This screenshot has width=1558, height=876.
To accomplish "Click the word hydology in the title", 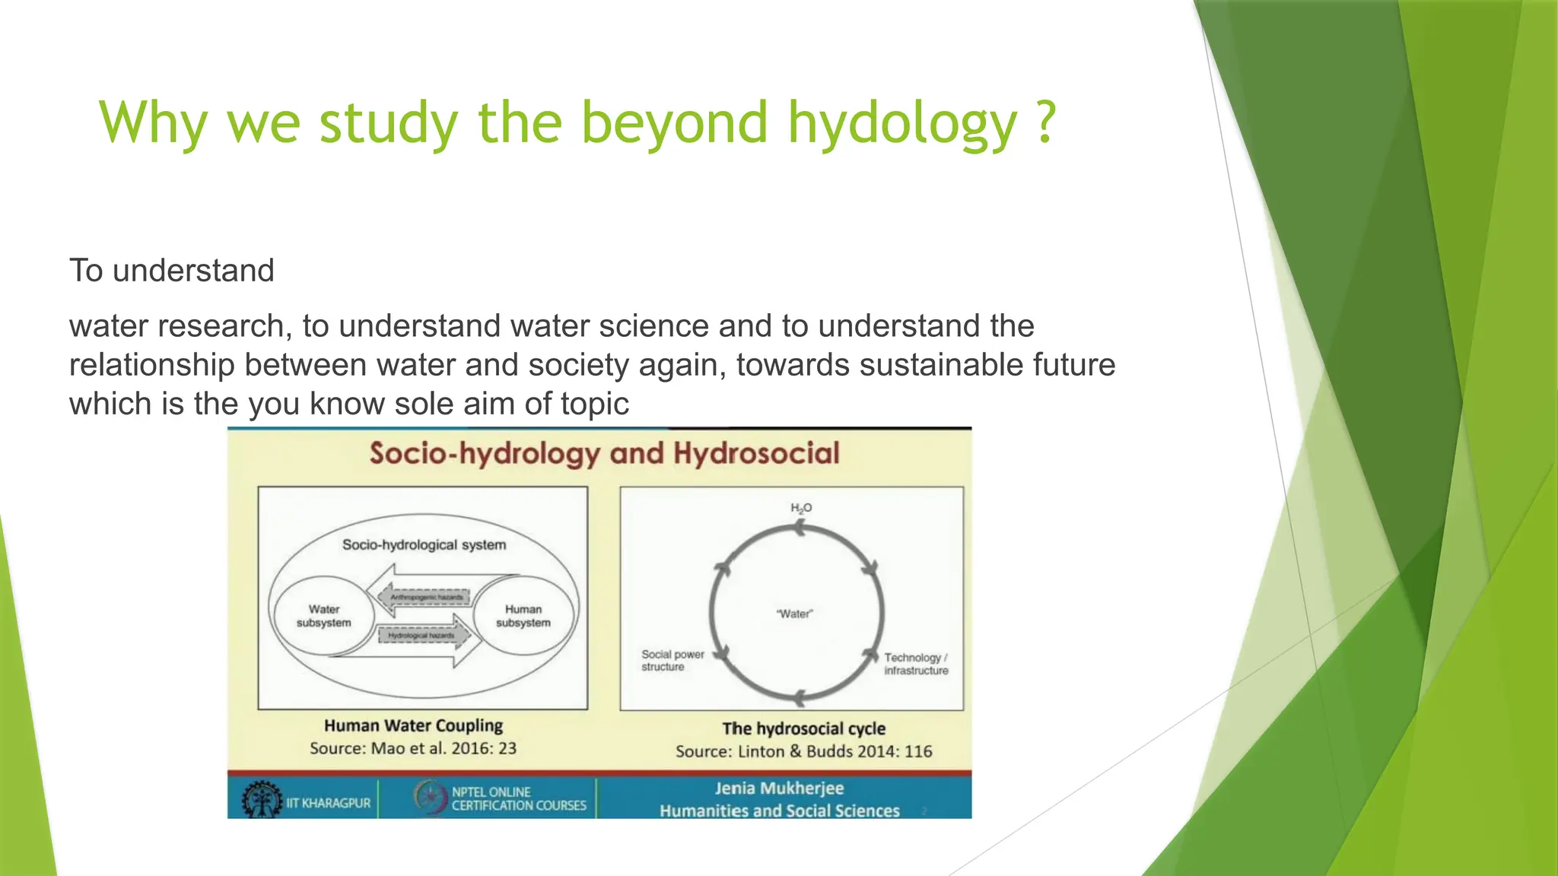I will click(x=901, y=123).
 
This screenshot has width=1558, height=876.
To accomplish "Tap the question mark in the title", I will click(x=1046, y=122).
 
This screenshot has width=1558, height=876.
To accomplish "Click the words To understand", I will click(x=172, y=271).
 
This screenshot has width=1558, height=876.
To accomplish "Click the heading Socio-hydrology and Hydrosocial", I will click(x=604, y=454).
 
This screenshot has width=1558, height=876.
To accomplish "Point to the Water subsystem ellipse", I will click(x=324, y=616).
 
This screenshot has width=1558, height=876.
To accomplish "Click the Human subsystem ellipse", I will click(x=523, y=616).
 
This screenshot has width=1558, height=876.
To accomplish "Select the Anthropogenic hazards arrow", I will click(x=426, y=597).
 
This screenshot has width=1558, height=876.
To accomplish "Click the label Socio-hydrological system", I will click(x=424, y=545).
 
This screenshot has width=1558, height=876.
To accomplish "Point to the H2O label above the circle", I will click(x=801, y=508).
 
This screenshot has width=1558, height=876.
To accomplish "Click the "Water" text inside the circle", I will click(x=794, y=614).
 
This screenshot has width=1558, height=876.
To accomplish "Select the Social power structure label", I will click(x=672, y=660).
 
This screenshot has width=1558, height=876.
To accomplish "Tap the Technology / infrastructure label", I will click(x=916, y=664).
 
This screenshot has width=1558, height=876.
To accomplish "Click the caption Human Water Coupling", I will click(x=413, y=725).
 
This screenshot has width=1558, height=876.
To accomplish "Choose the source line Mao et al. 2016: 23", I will click(x=413, y=748).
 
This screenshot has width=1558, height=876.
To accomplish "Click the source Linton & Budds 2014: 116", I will click(x=803, y=751).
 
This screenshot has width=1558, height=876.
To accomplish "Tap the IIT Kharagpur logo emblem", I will click(x=261, y=799).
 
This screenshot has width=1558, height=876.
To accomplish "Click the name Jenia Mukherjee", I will click(x=778, y=789).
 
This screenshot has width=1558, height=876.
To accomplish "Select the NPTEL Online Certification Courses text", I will click(x=519, y=798).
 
